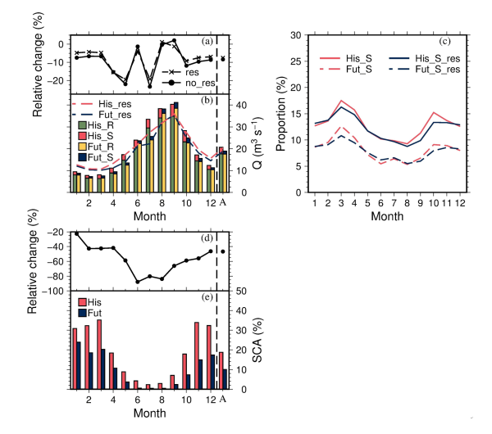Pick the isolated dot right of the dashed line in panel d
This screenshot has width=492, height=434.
pos(222,251)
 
